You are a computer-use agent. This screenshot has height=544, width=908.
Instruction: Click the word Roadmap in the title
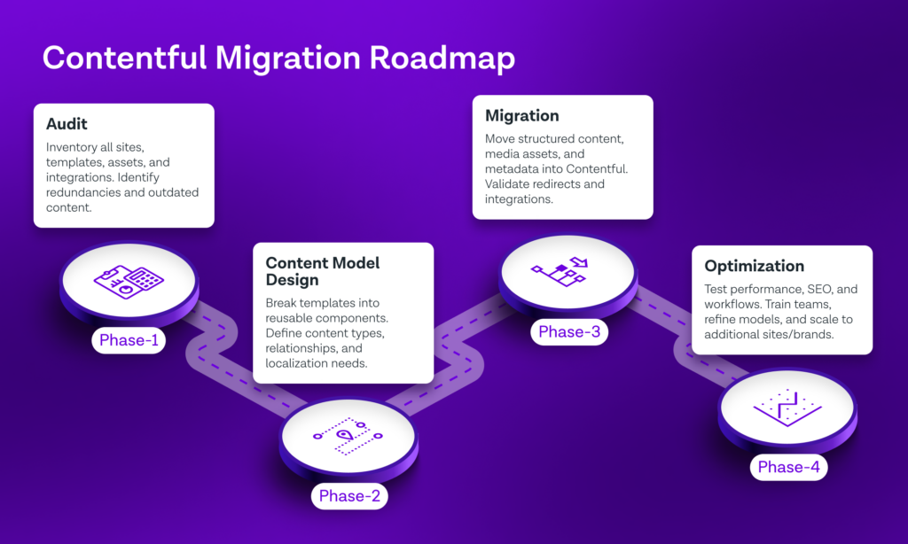click(442, 59)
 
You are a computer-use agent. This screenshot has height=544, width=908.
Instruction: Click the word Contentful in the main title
click(124, 58)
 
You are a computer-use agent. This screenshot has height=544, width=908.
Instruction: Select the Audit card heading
click(67, 124)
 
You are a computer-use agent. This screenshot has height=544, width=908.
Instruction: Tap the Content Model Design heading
click(323, 271)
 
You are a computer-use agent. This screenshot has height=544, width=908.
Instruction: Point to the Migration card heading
click(521, 116)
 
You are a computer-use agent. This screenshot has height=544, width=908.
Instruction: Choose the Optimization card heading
click(754, 266)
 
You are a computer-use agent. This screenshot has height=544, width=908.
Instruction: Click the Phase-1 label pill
click(129, 340)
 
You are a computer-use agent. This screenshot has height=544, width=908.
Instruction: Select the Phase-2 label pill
click(349, 496)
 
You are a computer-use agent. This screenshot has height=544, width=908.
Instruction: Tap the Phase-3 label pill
click(569, 332)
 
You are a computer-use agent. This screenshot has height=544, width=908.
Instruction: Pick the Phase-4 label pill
click(788, 467)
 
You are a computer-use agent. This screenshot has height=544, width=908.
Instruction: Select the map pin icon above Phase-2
click(345, 435)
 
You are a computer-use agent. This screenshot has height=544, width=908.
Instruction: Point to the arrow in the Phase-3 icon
click(579, 262)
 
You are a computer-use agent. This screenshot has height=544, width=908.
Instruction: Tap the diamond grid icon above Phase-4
click(787, 408)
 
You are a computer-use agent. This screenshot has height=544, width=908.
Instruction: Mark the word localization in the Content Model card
click(297, 363)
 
